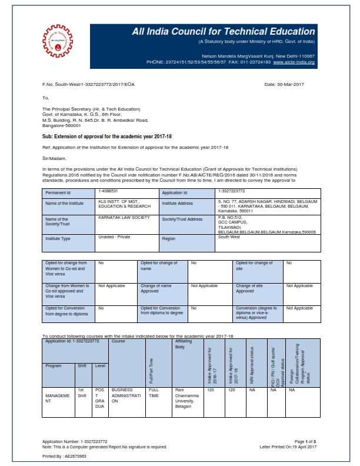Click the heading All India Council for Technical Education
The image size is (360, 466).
pyautogui.click(x=224, y=32)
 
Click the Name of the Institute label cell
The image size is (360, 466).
pyautogui.click(x=61, y=203)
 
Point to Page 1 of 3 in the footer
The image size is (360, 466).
pyautogui.click(x=305, y=441)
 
